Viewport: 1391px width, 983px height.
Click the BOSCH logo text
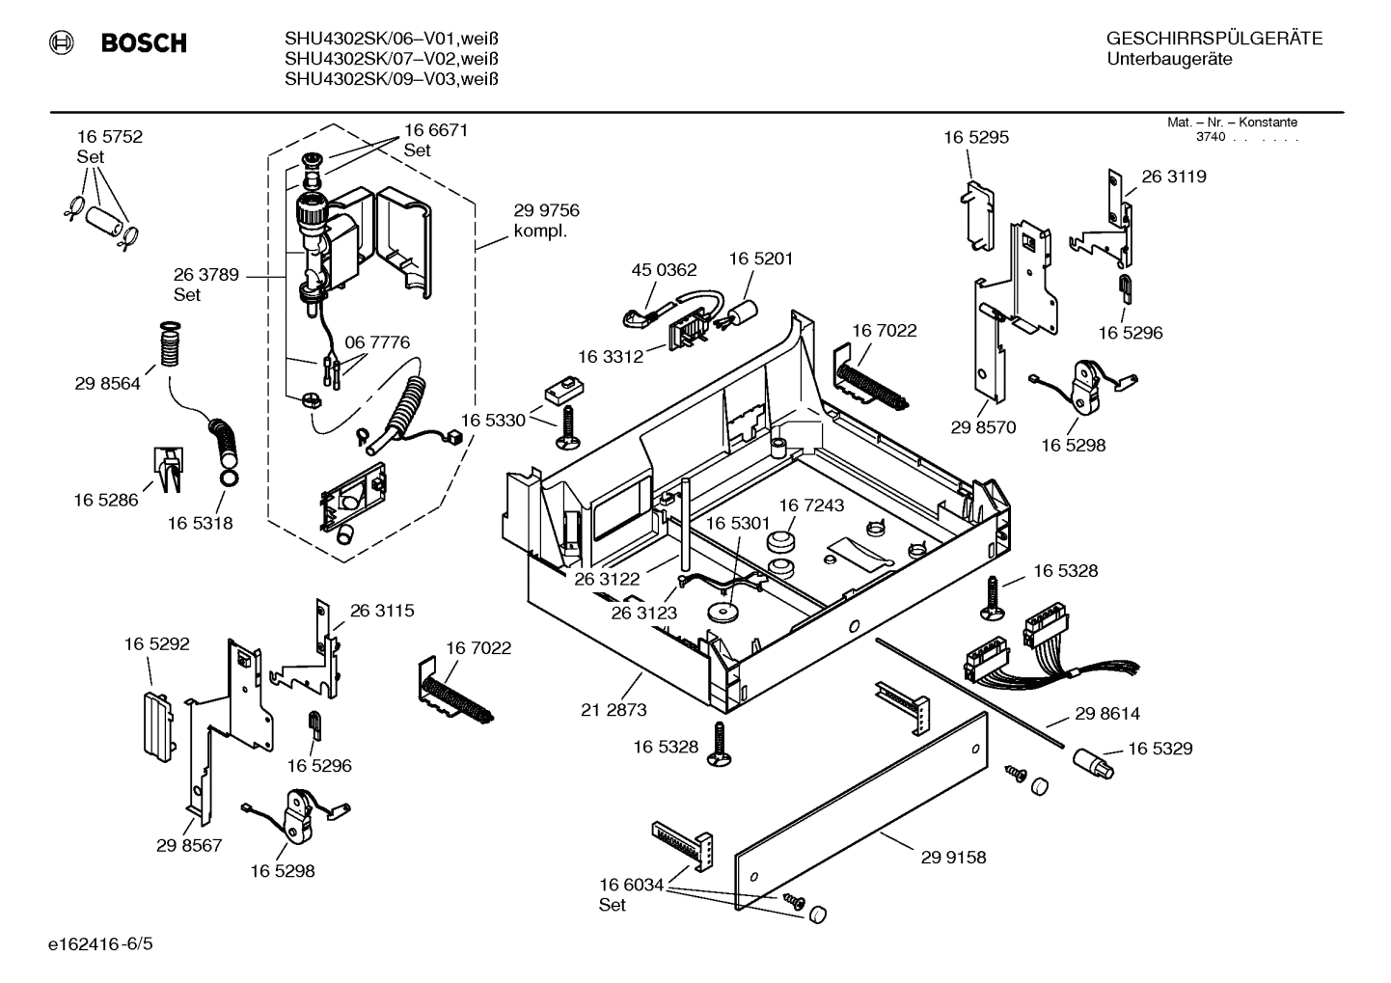click(x=143, y=43)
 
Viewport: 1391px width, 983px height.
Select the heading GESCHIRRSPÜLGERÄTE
click(x=1214, y=40)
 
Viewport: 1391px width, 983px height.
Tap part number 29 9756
click(x=546, y=210)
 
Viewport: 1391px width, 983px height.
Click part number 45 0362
click(x=664, y=270)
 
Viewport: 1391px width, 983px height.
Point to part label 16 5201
click(x=760, y=259)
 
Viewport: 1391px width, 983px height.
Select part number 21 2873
click(x=614, y=710)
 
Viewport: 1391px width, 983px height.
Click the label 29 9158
click(x=953, y=857)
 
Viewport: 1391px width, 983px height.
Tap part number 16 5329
click(x=1159, y=749)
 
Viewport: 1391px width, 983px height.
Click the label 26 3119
click(x=1174, y=177)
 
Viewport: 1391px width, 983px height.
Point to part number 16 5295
click(x=976, y=137)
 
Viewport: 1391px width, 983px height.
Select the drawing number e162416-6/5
click(x=100, y=942)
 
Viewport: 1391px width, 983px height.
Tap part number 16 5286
click(x=106, y=500)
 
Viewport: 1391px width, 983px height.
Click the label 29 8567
click(x=189, y=845)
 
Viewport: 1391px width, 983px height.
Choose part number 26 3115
click(x=382, y=611)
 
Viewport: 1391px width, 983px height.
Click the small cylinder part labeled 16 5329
click(x=1093, y=765)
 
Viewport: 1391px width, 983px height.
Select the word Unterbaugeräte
click(x=1168, y=60)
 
